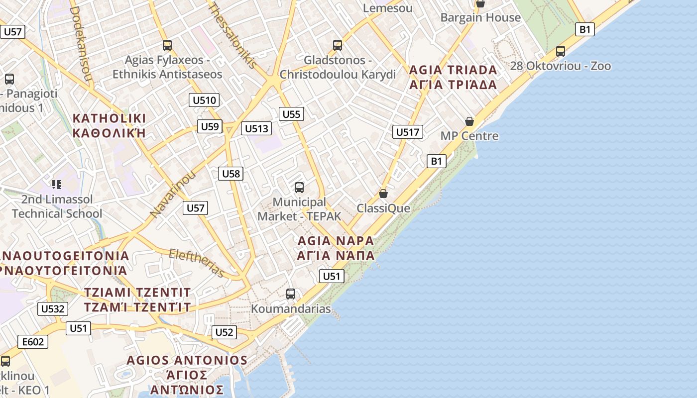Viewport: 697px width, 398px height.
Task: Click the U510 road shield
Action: pos(204,100)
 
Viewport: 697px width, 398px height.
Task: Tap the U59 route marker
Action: pos(209,126)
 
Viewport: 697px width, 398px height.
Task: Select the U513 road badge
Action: pos(256,129)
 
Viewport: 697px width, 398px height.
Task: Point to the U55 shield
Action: pos(291,114)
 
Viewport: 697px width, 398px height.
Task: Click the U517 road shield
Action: pos(408,132)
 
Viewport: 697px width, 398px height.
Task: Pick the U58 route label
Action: pos(231,174)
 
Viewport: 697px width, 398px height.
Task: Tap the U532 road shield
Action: pos(52,309)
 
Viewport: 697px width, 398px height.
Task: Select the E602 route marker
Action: pos(33,342)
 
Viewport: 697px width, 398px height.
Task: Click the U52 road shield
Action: pos(224,332)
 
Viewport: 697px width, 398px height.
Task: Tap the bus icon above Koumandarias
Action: pos(291,294)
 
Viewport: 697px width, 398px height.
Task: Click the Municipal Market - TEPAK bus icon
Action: pos(299,188)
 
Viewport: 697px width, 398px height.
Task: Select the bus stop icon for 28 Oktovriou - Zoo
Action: pos(561,51)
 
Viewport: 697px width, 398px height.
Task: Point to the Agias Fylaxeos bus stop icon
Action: pos(167,45)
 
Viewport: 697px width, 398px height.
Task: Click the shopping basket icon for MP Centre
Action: pos(469,121)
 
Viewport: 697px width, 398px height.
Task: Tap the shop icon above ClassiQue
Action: pos(383,194)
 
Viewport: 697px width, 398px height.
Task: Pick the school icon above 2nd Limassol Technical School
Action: pos(57,185)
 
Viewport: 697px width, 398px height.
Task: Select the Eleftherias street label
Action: pos(197,262)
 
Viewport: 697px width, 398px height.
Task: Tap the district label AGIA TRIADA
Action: pos(453,70)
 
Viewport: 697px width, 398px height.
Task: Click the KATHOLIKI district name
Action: pos(109,118)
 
